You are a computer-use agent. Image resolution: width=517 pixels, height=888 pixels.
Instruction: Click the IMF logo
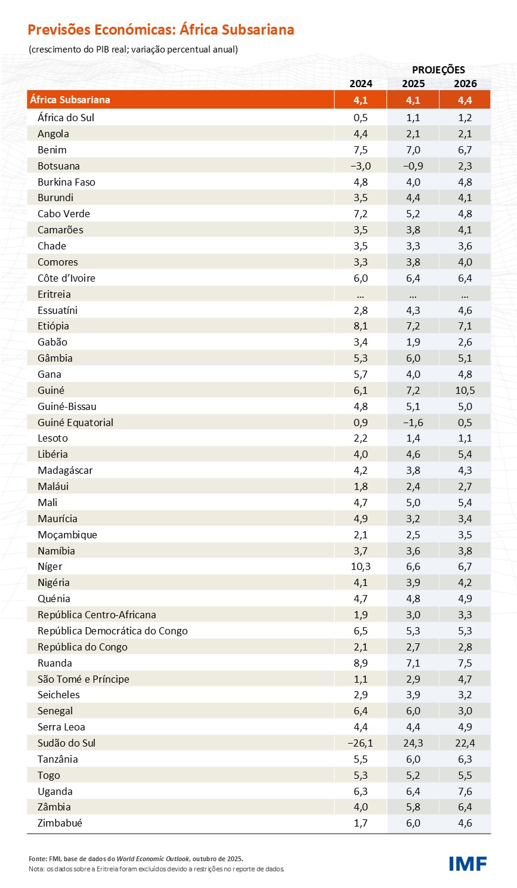[x=468, y=863]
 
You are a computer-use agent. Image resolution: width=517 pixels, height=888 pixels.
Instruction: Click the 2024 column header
[x=361, y=84]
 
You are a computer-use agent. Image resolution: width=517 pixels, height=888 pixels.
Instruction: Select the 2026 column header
[x=465, y=84]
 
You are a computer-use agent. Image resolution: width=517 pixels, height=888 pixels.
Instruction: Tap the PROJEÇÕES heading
[x=438, y=70]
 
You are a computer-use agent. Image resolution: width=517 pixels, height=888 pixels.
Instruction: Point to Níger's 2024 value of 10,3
[x=361, y=566]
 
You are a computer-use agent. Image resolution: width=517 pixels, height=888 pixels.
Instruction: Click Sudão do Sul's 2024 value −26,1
[x=360, y=743]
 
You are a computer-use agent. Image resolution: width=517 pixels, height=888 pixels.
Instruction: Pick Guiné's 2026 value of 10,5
[x=465, y=390]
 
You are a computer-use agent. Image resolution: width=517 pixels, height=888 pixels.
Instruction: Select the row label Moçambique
[x=67, y=535]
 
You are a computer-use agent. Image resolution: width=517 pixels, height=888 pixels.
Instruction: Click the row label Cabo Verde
[x=64, y=214]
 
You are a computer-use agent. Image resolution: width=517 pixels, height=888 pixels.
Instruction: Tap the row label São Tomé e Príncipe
[x=83, y=679]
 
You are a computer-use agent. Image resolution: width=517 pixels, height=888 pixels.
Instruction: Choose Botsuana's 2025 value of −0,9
[x=413, y=166]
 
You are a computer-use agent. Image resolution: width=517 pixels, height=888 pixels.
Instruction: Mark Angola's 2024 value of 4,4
[x=361, y=134]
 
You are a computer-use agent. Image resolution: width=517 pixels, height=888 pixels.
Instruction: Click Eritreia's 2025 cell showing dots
[x=413, y=295]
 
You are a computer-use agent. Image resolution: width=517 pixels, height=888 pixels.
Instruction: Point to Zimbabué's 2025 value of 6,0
[x=413, y=823]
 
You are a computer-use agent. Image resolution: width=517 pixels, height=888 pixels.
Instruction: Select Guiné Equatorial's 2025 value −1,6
[x=413, y=423]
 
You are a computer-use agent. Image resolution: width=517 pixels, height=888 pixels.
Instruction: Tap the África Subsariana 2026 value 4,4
[x=465, y=100]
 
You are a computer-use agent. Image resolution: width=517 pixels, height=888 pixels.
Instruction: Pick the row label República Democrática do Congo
[x=113, y=631]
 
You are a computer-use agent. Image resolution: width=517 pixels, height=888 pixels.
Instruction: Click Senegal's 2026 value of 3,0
[x=465, y=711]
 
